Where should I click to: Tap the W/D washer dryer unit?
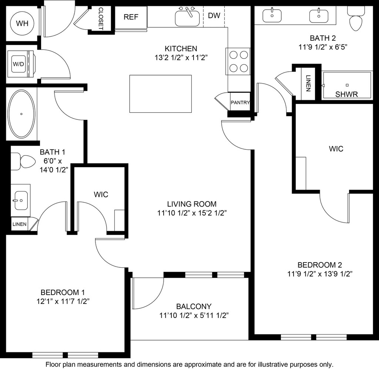19,64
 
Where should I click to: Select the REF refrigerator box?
131,17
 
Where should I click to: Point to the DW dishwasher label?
214,16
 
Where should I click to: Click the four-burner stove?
238,61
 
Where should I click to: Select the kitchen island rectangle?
160,94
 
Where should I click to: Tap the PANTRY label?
240,103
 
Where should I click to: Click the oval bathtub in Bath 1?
21,114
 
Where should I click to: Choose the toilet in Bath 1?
21,162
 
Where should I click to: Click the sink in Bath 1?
21,200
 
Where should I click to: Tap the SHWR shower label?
346,94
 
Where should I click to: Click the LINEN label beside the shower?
308,84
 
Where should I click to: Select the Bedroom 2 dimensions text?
319,274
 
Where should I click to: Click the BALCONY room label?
194,307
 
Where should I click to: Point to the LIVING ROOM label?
191,204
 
